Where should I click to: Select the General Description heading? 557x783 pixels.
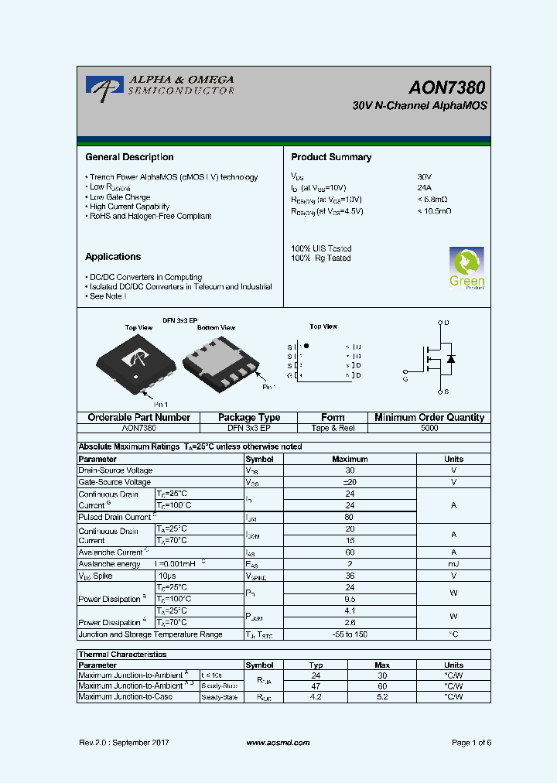(129, 157)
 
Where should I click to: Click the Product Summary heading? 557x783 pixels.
(331, 157)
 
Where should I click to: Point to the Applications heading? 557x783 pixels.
(113, 257)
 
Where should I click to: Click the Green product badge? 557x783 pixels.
(466, 268)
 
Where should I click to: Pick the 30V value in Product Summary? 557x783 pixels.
(425, 177)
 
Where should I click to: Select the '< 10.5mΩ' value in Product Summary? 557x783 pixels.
(434, 211)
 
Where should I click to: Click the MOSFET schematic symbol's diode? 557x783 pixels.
(451, 358)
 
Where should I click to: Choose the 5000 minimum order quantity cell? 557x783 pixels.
(429, 428)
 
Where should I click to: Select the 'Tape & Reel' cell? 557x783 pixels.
(333, 428)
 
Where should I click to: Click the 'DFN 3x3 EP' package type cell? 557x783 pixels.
(248, 428)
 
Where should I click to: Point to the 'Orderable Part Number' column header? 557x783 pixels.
(139, 418)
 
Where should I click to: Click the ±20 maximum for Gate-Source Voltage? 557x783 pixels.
(350, 482)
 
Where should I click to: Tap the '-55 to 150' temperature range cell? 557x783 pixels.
(350, 634)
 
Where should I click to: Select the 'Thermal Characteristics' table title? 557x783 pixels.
(123, 655)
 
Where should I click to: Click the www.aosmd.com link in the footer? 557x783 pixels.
(278, 743)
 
